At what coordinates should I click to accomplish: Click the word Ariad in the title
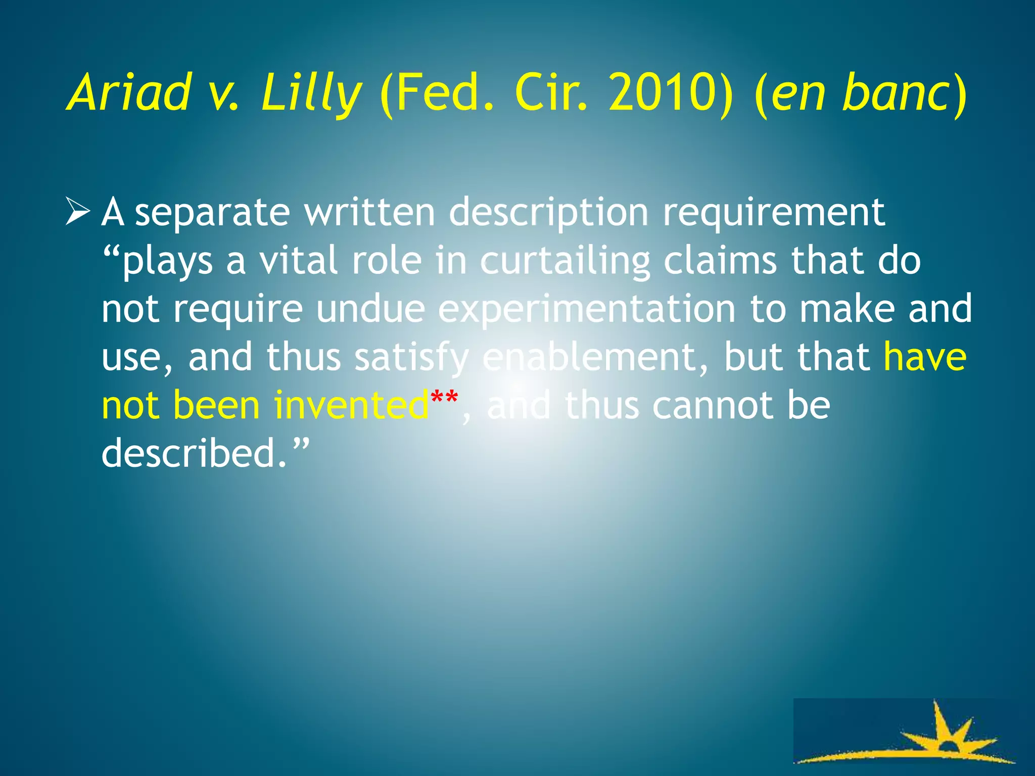click(x=129, y=92)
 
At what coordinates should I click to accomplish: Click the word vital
click(x=298, y=261)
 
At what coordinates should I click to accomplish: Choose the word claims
click(x=720, y=261)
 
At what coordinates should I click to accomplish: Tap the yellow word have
click(x=925, y=357)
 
